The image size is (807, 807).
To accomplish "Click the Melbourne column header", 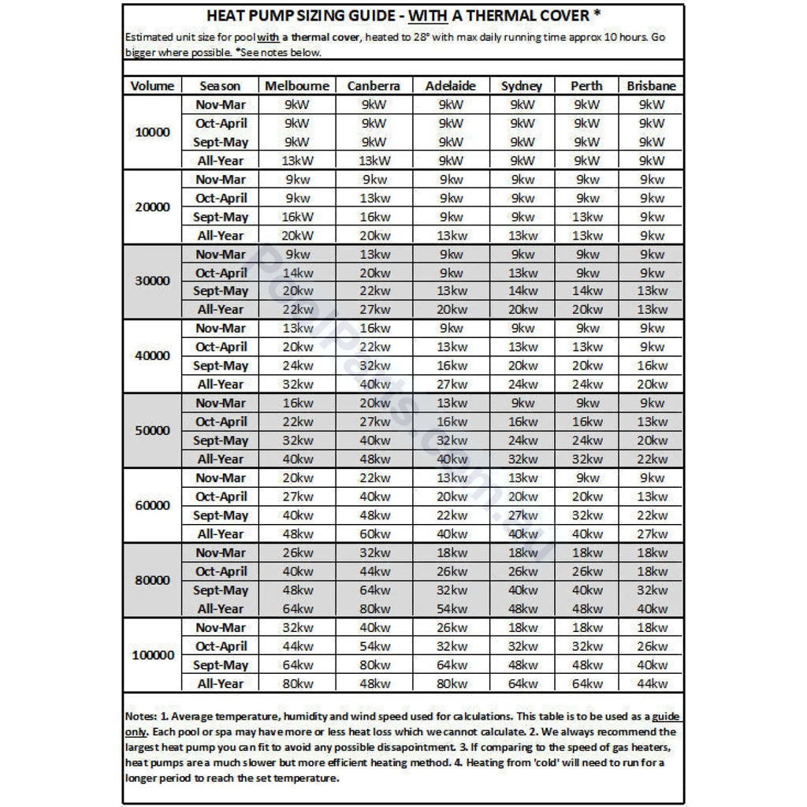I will pyautogui.click(x=297, y=86).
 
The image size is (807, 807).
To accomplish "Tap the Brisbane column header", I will pyautogui.click(x=651, y=86).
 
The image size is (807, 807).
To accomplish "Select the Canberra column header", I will pyautogui.click(x=374, y=86).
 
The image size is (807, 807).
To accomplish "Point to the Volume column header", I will pyautogui.click(x=152, y=86).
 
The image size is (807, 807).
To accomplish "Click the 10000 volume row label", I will pyautogui.click(x=152, y=132).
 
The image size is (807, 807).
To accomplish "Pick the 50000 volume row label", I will pyautogui.click(x=152, y=431).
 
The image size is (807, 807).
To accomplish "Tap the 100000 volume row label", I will pyautogui.click(x=152, y=656).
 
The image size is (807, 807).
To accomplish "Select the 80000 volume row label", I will pyautogui.click(x=152, y=581).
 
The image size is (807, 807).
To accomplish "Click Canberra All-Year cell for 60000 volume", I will pyautogui.click(x=374, y=534).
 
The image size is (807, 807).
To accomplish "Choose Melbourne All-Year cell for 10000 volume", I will pyautogui.click(x=297, y=161).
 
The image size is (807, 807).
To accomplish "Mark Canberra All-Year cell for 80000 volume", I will pyautogui.click(x=374, y=609).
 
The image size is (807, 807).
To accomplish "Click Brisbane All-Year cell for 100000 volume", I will pyautogui.click(x=651, y=684).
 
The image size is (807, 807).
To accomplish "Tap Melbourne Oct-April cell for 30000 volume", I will pyautogui.click(x=297, y=273).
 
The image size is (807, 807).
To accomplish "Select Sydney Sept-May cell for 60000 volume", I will pyautogui.click(x=522, y=515).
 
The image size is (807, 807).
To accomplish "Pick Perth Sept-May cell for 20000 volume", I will pyautogui.click(x=587, y=217).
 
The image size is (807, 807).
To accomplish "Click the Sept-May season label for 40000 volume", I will pyautogui.click(x=221, y=366).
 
